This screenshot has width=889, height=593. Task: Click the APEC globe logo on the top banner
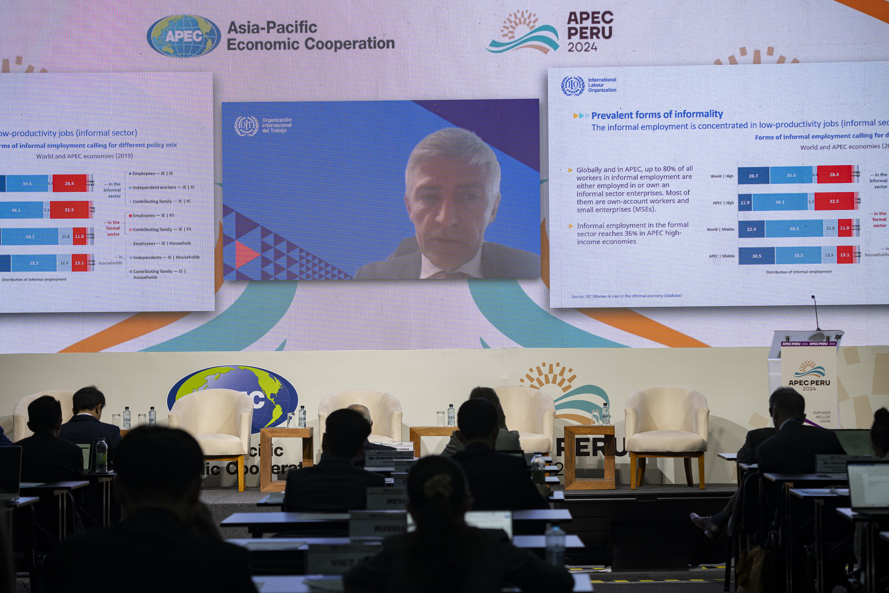[183, 36]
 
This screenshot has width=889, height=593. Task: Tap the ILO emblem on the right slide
[572, 86]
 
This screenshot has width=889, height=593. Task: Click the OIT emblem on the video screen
[246, 126]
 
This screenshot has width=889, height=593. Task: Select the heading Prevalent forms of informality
[657, 115]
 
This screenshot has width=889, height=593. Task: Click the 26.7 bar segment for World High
[754, 176]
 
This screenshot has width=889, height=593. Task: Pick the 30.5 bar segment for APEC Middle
[757, 256]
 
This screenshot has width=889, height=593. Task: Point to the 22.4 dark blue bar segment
[751, 229]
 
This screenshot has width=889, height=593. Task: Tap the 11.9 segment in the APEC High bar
[745, 202]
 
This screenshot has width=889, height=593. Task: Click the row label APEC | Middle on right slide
[721, 256]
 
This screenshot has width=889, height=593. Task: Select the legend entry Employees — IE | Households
[162, 244]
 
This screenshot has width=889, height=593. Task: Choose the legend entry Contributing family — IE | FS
[162, 229]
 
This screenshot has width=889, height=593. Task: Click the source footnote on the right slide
[626, 296]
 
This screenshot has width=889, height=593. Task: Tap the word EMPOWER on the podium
[821, 413]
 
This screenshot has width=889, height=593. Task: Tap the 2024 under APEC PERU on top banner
[582, 47]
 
